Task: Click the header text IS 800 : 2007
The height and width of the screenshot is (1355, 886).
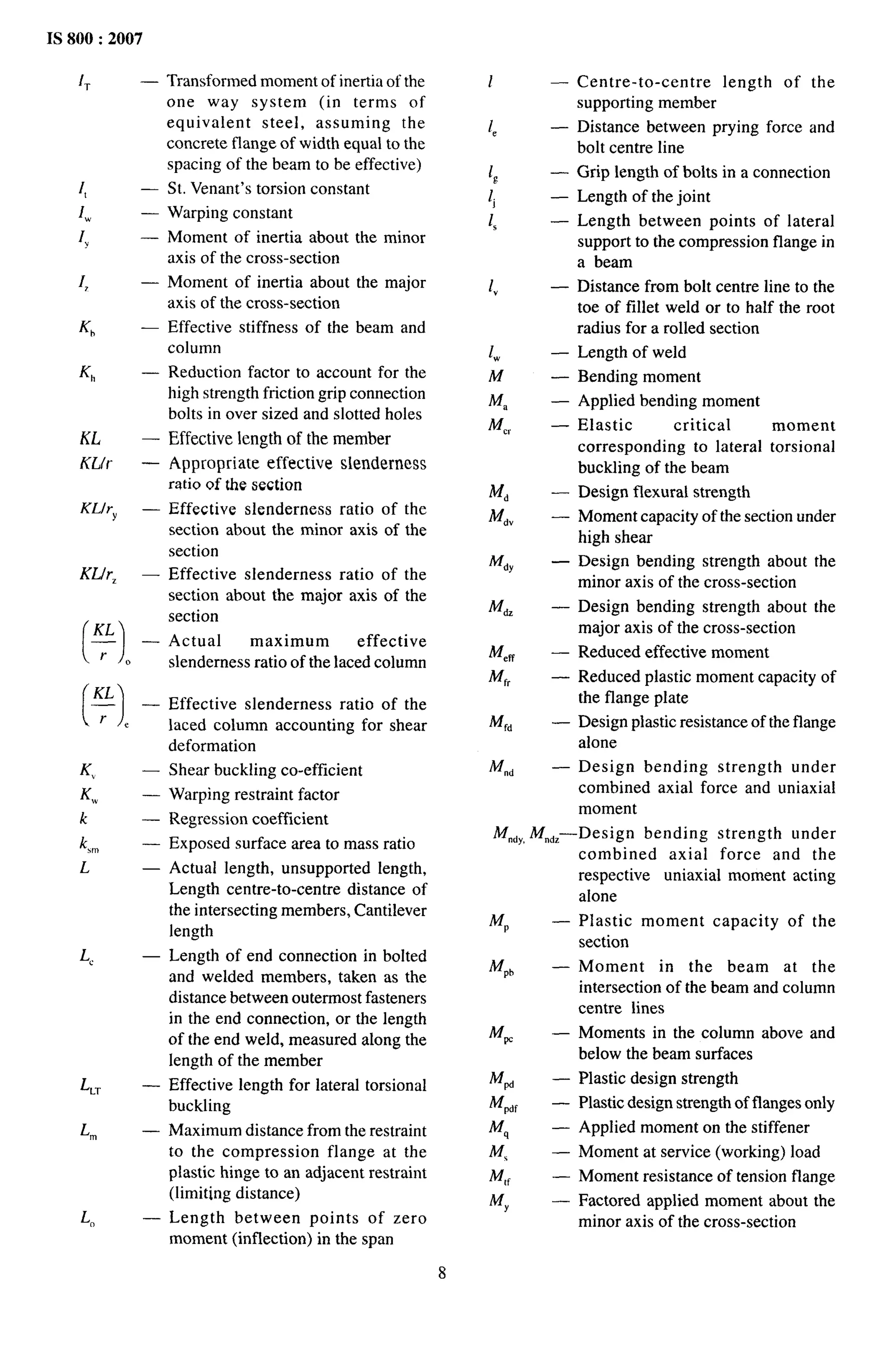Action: tap(94, 39)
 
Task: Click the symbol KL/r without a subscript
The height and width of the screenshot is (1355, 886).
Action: tap(96, 463)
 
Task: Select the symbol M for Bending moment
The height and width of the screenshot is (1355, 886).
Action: tap(496, 376)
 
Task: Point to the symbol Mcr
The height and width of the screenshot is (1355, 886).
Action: tap(499, 426)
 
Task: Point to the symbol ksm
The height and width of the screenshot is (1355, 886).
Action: tap(89, 844)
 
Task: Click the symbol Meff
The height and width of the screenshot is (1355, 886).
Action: tap(501, 653)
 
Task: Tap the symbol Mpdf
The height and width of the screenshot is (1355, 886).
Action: tap(503, 1103)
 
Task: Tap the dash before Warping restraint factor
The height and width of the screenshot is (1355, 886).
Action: tap(150, 795)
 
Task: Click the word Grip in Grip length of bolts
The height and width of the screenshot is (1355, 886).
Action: tap(591, 172)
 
